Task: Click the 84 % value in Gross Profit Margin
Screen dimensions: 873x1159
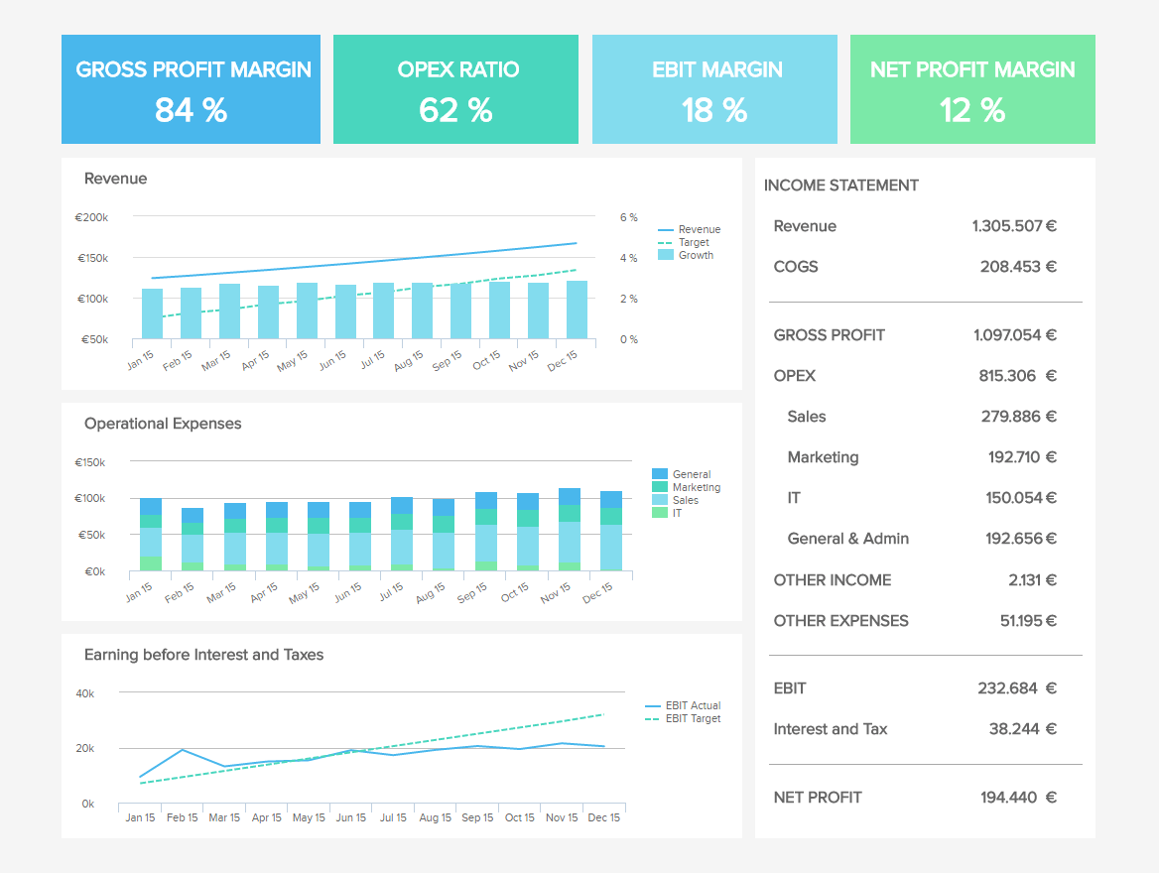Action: tap(191, 110)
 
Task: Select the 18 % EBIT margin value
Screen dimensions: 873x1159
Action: tap(714, 110)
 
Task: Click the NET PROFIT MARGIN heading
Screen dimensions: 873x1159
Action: tap(972, 69)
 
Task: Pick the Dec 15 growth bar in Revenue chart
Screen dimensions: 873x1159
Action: tap(577, 311)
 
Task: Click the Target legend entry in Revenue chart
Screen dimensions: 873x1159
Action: tap(694, 242)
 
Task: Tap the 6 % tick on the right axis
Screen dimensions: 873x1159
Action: tap(628, 217)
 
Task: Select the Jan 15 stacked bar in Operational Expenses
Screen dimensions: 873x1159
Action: tap(151, 535)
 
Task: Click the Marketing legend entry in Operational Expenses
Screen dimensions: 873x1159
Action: tap(696, 487)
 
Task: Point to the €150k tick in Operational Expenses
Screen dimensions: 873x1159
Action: tap(89, 462)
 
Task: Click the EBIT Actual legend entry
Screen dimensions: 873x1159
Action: tap(693, 705)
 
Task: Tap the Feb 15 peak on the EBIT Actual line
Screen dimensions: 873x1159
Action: tap(182, 750)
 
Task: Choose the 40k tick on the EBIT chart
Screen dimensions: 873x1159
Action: tap(84, 693)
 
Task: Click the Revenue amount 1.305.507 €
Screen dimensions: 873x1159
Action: tap(1014, 226)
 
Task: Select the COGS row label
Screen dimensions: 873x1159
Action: tap(796, 267)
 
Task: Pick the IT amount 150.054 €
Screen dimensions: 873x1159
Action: tap(1021, 498)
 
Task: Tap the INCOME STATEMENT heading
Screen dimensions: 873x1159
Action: tap(840, 186)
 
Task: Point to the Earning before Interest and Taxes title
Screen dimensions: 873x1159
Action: tap(203, 655)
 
